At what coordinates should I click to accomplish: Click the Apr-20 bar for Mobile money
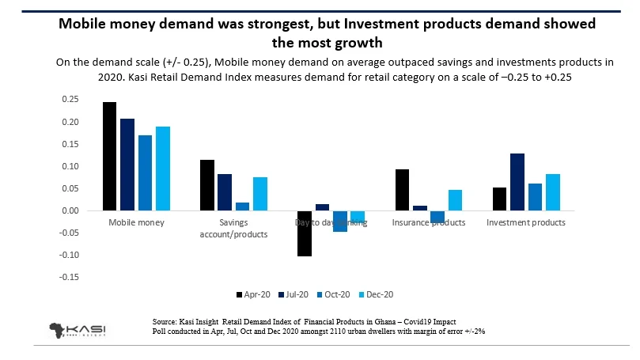click(x=110, y=157)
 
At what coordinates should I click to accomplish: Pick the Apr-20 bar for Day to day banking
click(x=303, y=233)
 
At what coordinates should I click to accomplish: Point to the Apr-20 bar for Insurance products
click(x=402, y=190)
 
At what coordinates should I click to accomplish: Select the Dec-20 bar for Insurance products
click(x=454, y=200)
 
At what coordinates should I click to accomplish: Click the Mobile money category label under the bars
click(x=136, y=223)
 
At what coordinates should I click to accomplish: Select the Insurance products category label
click(x=428, y=223)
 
